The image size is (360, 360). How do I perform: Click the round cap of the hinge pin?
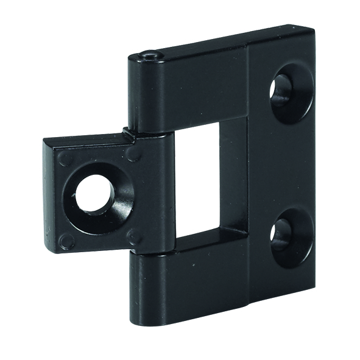click(x=150, y=55)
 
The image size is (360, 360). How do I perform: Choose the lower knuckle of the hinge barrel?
click(x=149, y=286)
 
